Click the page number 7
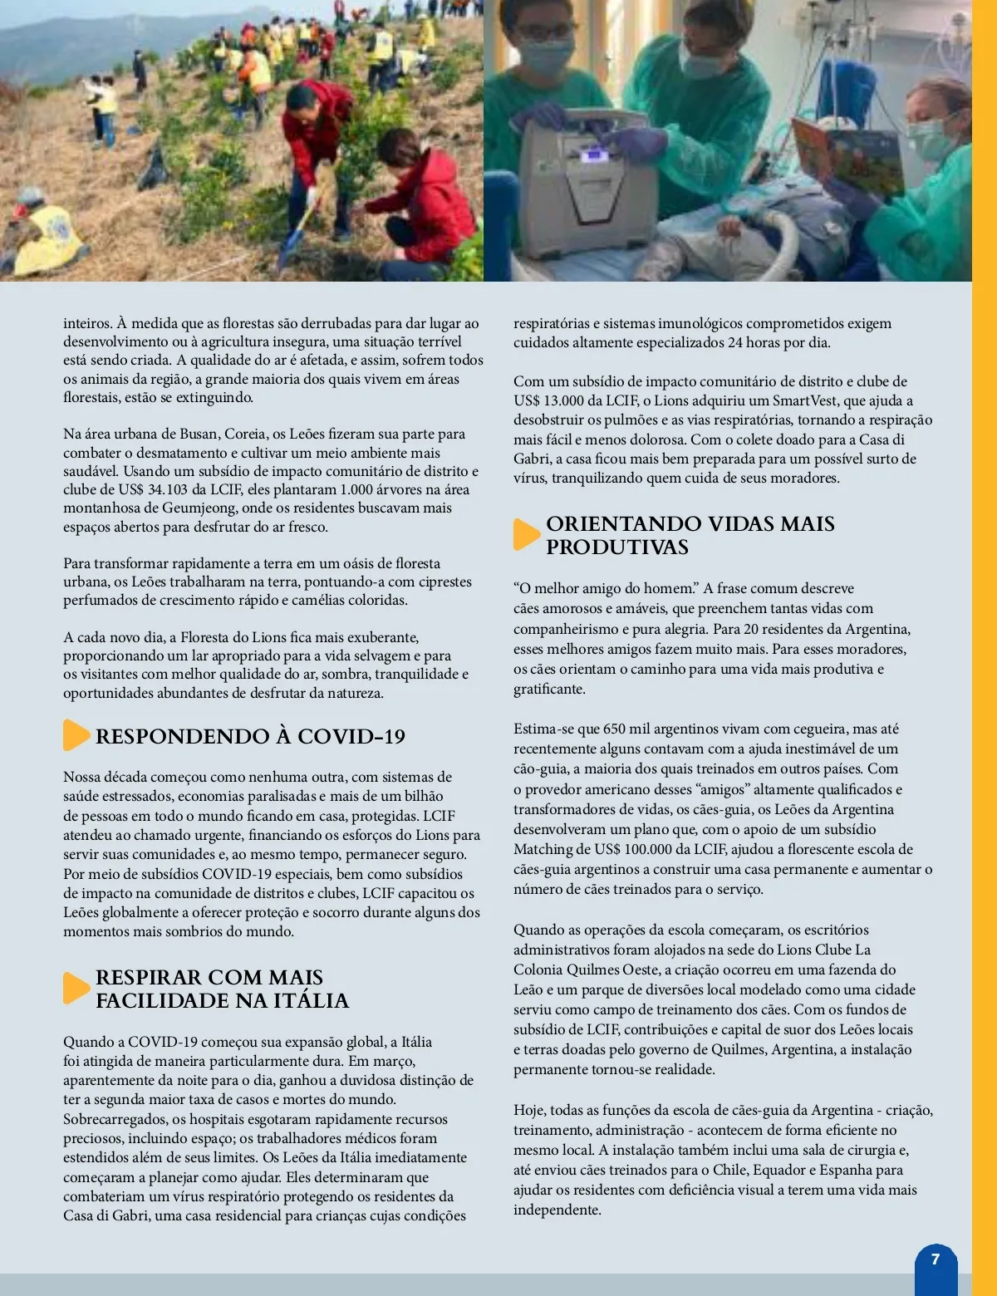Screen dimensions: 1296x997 936,1259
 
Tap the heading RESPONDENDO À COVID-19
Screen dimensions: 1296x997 250,737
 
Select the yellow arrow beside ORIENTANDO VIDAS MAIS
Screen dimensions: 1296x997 526,534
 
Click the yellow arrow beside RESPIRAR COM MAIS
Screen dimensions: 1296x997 76,988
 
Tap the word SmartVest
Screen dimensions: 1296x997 805,400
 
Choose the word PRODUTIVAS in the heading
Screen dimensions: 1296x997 616,547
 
